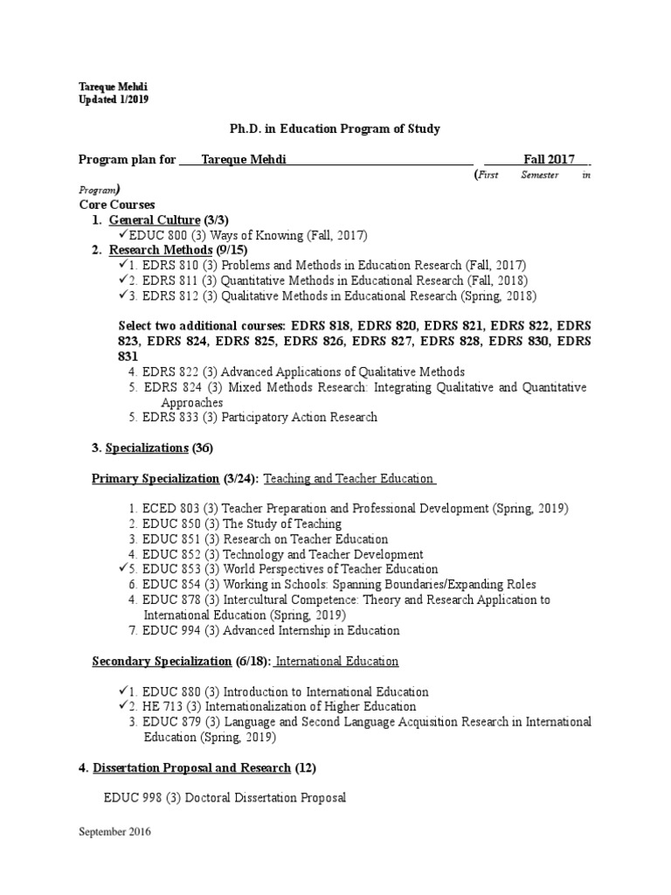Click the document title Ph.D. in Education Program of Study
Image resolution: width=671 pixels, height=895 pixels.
[335, 128]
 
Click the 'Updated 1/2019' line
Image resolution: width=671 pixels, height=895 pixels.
[114, 100]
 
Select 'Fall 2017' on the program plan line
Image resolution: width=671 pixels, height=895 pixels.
[549, 159]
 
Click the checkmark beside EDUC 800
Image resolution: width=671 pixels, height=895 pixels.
[121, 235]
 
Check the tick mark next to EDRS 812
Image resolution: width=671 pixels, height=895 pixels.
[121, 295]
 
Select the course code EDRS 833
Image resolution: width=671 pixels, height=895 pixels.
[170, 418]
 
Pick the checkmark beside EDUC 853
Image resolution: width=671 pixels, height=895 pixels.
[121, 569]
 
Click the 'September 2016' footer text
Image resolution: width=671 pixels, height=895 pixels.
[115, 832]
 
